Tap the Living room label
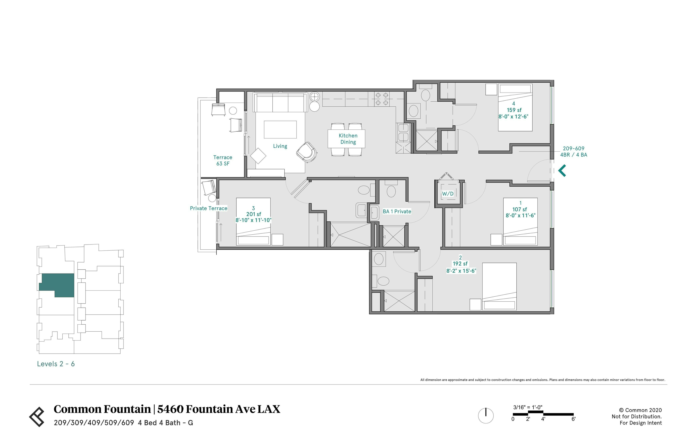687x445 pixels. tap(280, 146)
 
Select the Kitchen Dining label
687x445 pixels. tap(348, 139)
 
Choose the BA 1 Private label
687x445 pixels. tap(397, 212)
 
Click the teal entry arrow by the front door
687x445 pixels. tap(562, 171)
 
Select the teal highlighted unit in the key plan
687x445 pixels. tap(57, 285)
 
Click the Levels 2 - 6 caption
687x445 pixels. tap(56, 364)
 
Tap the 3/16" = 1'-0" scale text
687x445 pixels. tap(528, 407)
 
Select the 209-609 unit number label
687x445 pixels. tap(573, 148)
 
